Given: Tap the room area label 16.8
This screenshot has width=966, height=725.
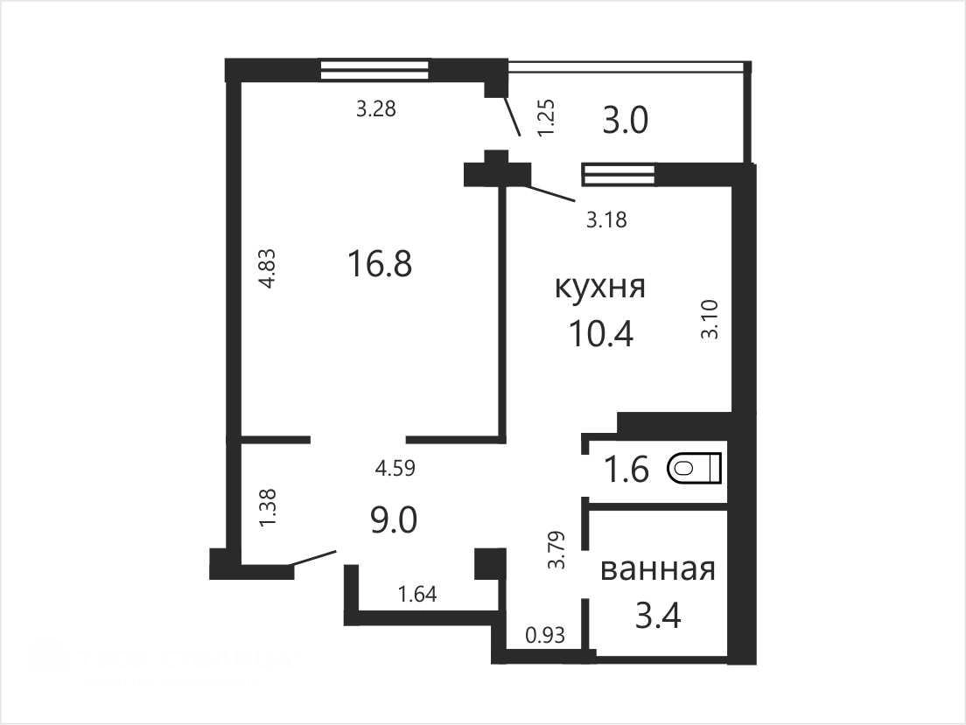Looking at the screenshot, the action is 380,264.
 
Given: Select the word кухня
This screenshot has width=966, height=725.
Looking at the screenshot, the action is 600,288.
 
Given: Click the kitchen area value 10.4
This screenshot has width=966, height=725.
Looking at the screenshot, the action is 600,334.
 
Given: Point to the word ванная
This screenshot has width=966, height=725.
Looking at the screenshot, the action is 657,570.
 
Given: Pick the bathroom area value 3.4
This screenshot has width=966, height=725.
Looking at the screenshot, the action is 658,616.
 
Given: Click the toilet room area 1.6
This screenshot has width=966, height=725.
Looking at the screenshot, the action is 626,470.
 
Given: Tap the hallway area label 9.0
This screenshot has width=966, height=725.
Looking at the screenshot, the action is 394,519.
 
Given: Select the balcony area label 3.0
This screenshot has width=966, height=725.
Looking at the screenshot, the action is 625,120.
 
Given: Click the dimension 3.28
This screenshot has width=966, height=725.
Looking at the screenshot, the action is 375,109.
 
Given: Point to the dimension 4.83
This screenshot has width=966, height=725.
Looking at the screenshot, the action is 269,268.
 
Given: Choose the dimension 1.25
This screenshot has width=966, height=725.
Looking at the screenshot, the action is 547,118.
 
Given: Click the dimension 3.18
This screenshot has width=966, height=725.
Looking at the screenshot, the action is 607,220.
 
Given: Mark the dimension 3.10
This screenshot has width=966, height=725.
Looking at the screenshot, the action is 710,320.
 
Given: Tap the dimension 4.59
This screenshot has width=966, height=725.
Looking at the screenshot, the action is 395,468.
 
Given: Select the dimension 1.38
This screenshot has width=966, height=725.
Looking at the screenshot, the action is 269,507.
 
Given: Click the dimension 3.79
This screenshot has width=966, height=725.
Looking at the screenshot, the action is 557,549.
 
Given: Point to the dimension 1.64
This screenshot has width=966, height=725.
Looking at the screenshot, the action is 417,595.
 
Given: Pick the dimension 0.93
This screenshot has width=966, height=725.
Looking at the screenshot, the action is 545,634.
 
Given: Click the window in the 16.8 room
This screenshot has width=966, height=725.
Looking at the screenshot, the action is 374,70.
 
